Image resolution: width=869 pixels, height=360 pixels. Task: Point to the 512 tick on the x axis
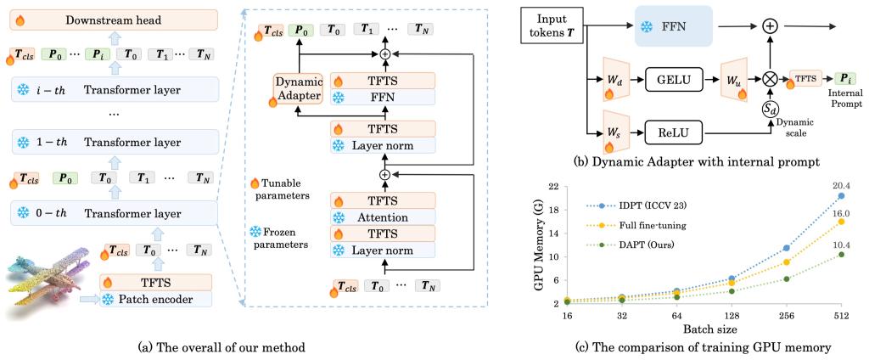click(841, 314)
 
